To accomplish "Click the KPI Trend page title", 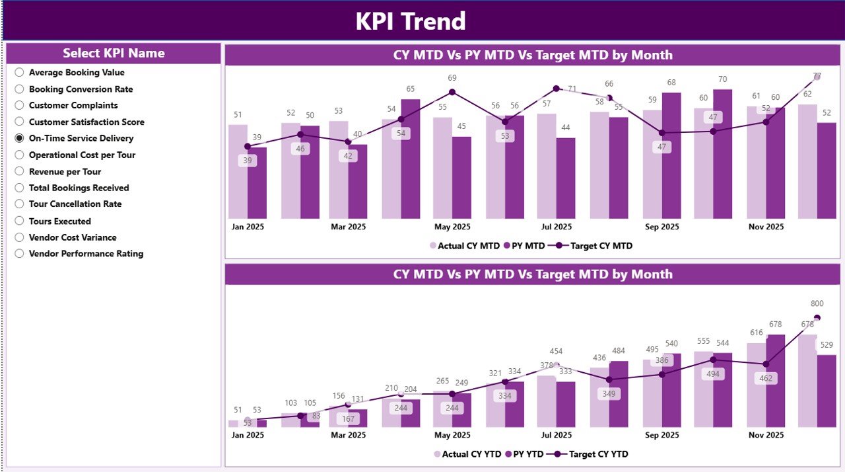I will coord(411,21).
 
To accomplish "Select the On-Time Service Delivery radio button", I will coord(20,138).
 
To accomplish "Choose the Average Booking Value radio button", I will coord(20,73).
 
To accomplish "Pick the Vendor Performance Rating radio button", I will coord(20,254).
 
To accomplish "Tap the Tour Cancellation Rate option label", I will coord(75,204).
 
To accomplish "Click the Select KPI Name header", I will coord(114,54).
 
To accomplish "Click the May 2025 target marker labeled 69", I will coord(452,93).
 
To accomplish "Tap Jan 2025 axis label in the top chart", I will coord(247,227).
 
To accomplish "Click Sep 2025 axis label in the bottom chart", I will coord(661,435).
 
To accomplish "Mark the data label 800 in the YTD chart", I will coord(817,303).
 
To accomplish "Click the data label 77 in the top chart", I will coord(817,76).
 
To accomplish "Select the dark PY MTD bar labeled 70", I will coord(723,154).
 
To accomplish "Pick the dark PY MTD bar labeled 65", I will coord(411,159).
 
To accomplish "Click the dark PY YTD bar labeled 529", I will coord(827,391).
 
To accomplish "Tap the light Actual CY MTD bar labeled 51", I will coord(238,172).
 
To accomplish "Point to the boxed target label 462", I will coord(766,379).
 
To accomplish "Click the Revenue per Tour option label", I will coord(65,171).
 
